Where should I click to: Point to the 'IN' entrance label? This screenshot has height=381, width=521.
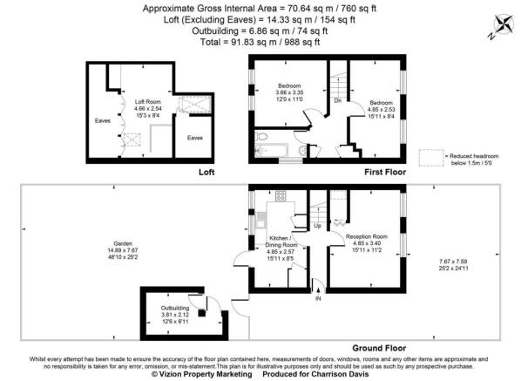pyautogui.click(x=318, y=300)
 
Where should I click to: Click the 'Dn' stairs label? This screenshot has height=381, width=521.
pyautogui.click(x=337, y=100)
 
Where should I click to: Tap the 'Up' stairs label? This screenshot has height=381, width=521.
pyautogui.click(x=316, y=226)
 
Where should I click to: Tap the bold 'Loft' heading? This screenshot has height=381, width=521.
pyautogui.click(x=206, y=173)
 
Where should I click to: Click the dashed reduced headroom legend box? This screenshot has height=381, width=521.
pyautogui.click(x=430, y=156)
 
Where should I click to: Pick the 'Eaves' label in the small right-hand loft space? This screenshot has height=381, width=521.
pyautogui.click(x=194, y=137)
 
